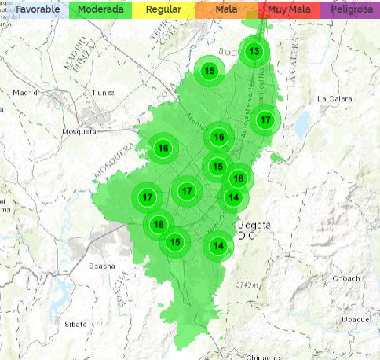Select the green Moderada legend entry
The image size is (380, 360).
100,9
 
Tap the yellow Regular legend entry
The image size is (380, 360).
163,9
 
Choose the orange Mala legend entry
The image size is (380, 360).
226,9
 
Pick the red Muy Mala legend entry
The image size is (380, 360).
288,9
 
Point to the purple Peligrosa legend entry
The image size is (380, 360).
350,9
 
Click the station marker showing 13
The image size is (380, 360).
254,52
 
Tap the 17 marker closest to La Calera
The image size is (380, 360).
265,120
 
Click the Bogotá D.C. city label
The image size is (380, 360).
253,228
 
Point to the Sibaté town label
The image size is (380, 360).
75,323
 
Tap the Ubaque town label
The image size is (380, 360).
354,319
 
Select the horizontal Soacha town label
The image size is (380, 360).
102,266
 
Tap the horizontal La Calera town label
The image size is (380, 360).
332,99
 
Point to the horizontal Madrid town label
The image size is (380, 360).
26,91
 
